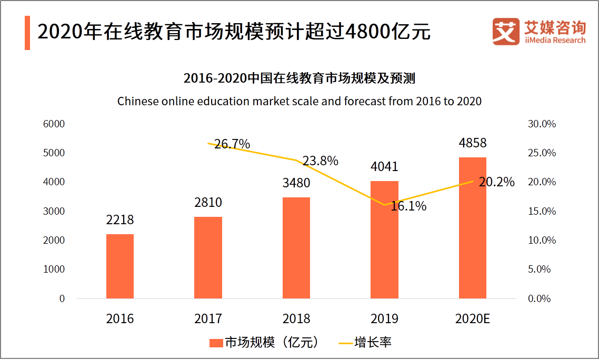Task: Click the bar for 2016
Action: point(120,266)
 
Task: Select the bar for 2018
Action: point(296,248)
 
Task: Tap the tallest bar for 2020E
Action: point(473,228)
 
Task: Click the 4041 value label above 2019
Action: point(384,167)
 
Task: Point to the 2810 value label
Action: point(208,203)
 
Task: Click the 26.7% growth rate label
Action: point(232,144)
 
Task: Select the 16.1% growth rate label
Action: point(408,206)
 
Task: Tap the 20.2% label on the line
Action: point(496,182)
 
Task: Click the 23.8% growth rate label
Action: point(320,161)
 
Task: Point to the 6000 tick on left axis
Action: point(55,124)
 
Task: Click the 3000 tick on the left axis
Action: point(55,212)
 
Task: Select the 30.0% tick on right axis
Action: point(541,124)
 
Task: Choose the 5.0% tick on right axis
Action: point(539,269)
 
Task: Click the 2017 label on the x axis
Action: point(208,319)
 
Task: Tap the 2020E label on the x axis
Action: point(473,319)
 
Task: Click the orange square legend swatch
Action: point(216,343)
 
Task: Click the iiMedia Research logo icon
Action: point(506,32)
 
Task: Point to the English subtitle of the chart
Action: point(299,101)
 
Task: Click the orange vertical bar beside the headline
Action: point(27,33)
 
